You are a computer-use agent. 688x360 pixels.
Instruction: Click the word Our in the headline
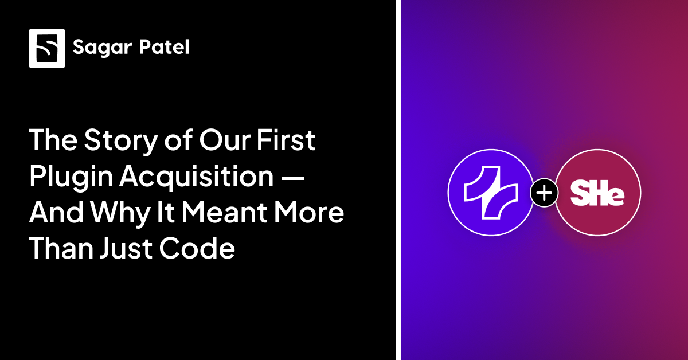pyautogui.click(x=225, y=141)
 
